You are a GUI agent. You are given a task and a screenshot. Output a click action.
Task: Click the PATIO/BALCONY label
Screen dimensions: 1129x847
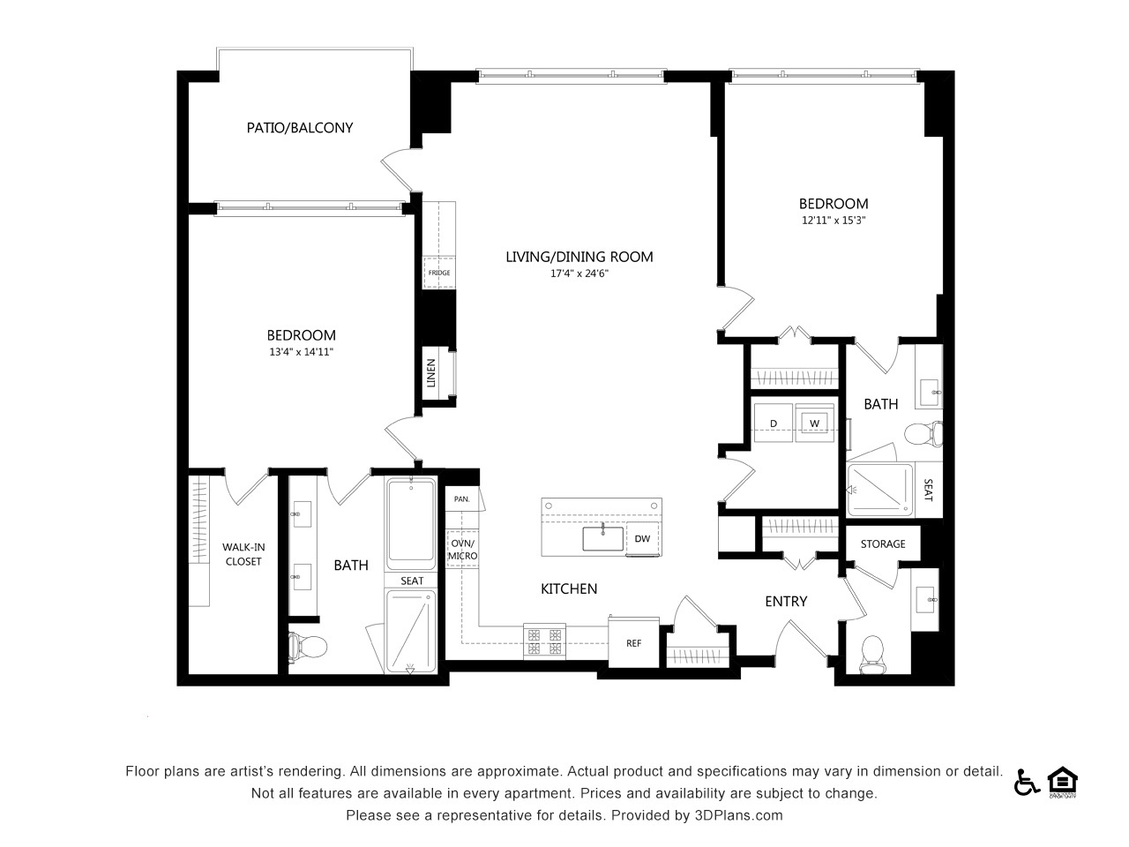click(x=300, y=128)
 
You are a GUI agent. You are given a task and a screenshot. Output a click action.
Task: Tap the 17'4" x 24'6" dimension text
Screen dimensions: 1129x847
click(x=579, y=274)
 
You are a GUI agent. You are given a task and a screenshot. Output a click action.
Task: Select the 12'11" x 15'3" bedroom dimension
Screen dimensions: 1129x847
click(x=834, y=220)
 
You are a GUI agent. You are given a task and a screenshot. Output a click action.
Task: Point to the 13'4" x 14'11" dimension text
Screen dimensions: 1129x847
click(x=302, y=352)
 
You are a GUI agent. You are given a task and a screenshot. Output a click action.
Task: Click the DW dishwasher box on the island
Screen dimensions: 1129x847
click(x=642, y=538)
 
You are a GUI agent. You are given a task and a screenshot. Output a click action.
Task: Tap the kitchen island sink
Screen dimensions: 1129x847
click(x=602, y=538)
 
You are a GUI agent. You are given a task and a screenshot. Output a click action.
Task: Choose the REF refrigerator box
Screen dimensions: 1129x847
click(x=633, y=642)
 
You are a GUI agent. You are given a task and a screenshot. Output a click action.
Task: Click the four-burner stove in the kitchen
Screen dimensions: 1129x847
click(x=544, y=641)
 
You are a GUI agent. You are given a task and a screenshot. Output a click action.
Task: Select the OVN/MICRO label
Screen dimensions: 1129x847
click(x=462, y=550)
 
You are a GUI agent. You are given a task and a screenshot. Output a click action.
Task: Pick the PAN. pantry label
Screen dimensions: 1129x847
click(x=461, y=498)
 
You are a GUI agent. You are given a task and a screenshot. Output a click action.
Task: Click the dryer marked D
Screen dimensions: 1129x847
click(x=773, y=423)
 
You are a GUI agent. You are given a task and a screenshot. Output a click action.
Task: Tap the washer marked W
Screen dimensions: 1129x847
click(x=814, y=423)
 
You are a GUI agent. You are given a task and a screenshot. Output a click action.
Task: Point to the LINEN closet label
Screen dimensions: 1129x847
click(x=431, y=373)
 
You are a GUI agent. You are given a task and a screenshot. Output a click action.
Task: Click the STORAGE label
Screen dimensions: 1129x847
click(x=883, y=543)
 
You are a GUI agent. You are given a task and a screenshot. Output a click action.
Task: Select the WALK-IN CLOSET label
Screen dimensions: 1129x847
click(x=243, y=554)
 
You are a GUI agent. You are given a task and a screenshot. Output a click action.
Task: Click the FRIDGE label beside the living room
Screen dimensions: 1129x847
click(x=439, y=273)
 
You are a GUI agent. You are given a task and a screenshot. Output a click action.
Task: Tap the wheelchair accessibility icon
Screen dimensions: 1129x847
click(x=1026, y=783)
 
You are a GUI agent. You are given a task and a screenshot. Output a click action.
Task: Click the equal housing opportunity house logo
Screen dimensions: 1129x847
click(x=1063, y=783)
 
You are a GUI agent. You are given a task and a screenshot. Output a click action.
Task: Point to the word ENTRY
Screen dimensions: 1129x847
click(x=786, y=601)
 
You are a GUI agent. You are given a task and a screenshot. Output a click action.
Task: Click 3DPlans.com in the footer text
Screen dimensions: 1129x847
click(x=738, y=815)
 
